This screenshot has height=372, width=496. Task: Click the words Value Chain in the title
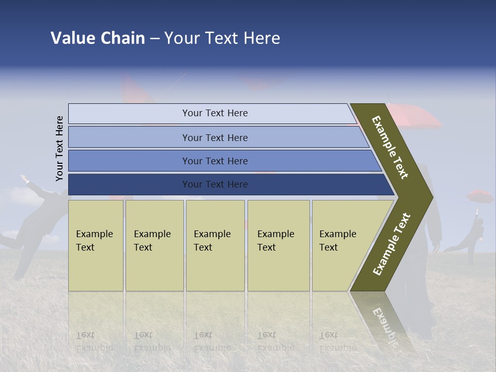tap(98, 38)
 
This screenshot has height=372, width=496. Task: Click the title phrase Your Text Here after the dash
tap(222, 38)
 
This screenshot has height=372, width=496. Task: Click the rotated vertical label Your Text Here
tap(59, 148)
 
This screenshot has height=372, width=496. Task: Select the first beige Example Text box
tap(96, 245)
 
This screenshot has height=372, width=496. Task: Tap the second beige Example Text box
tap(154, 245)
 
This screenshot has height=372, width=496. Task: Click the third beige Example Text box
tap(215, 245)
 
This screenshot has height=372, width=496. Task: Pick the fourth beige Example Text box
tap(278, 245)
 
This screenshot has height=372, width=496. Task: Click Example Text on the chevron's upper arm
tap(390, 147)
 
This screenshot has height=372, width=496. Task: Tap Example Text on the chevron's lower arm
tap(392, 244)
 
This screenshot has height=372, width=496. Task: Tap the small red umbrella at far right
tap(479, 196)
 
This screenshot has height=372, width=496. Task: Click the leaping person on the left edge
tap(26, 217)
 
